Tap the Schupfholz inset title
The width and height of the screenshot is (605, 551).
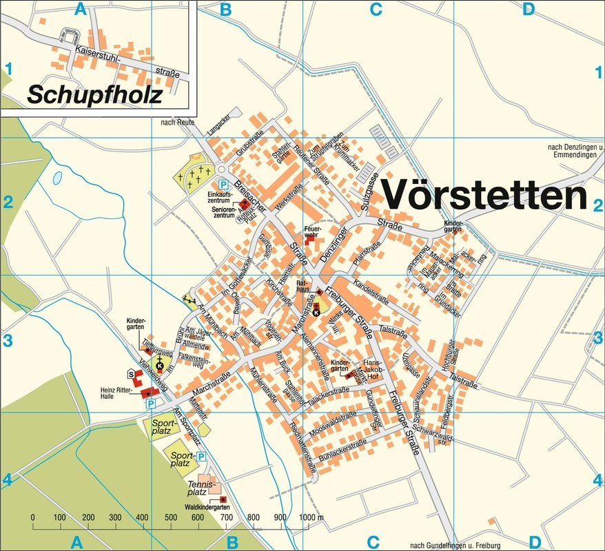pos(94,94)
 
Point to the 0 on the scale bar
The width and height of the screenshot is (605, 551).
pos(32,517)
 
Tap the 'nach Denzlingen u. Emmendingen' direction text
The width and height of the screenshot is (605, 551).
pos(574,151)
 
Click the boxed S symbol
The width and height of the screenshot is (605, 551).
pos(131,373)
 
